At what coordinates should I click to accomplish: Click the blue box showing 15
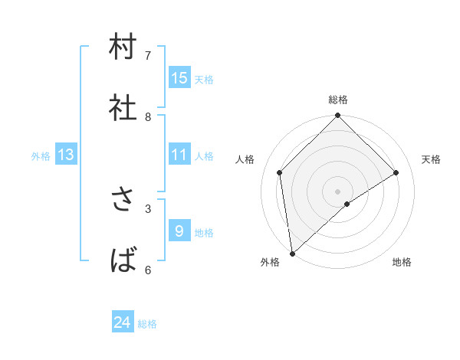tap(179, 78)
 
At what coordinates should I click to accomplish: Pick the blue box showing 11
tap(179, 155)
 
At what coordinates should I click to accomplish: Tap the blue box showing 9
tap(179, 231)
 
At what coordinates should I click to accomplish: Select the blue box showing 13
tap(66, 155)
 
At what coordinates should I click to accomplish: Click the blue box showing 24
tap(123, 323)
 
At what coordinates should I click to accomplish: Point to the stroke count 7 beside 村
tap(148, 55)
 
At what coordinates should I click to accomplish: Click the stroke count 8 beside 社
tap(148, 116)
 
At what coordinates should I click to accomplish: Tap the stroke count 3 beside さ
tap(148, 208)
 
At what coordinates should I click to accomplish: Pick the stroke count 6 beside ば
tap(148, 270)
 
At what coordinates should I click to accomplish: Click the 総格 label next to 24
tap(147, 324)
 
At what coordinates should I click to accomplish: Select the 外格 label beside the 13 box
tap(41, 156)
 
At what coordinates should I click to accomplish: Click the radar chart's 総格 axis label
tap(338, 100)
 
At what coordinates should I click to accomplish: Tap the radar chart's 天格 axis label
tap(432, 159)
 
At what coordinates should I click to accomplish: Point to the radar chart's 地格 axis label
tap(402, 263)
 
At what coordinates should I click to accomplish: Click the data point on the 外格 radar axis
tap(291, 253)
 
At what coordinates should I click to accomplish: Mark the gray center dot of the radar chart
tap(337, 191)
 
